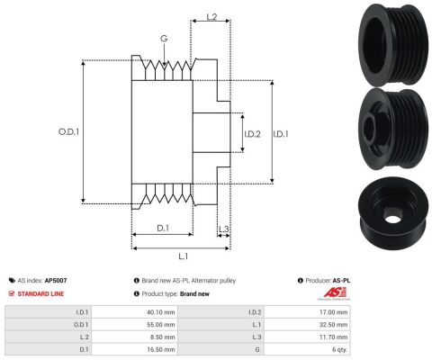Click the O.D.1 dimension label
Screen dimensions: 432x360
click(x=68, y=131)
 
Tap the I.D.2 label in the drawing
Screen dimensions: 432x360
click(x=252, y=134)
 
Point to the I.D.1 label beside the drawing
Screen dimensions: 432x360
click(x=281, y=134)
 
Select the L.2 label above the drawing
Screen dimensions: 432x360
click(x=211, y=17)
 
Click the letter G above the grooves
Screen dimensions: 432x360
click(x=164, y=39)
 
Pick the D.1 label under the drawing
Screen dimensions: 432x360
click(x=163, y=229)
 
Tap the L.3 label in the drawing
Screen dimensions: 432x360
click(x=224, y=229)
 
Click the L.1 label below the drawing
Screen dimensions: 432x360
click(x=184, y=256)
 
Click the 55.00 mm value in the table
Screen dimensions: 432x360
click(x=161, y=325)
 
